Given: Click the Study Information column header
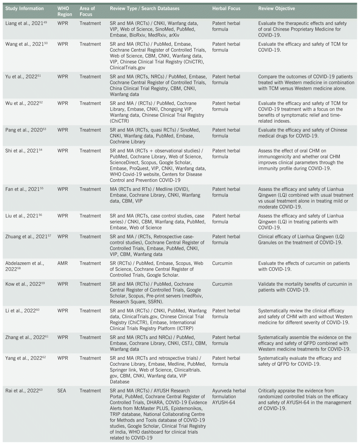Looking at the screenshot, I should [x=25, y=8].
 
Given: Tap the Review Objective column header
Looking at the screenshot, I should [x=277, y=8].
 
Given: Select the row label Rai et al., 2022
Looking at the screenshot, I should [x=21, y=391].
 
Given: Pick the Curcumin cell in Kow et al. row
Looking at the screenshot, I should [x=222, y=284].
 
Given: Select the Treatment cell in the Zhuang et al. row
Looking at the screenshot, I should [x=90, y=237].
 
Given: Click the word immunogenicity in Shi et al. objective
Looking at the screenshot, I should [x=275, y=157].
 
